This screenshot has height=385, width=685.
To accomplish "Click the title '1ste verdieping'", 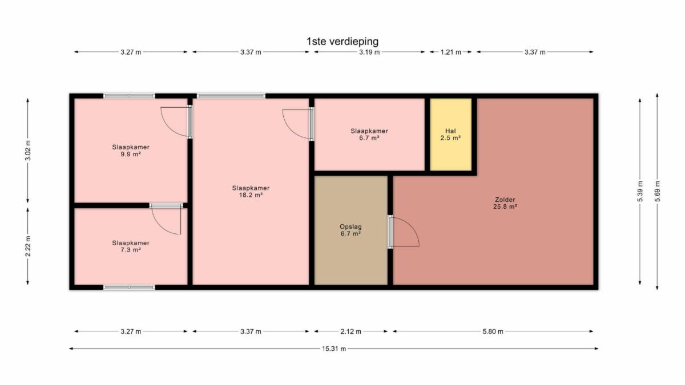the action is [x=342, y=42].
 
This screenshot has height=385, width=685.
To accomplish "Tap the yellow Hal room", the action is [x=450, y=135].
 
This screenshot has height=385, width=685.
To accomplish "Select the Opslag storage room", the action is [x=350, y=230].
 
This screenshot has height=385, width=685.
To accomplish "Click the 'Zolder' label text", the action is [x=505, y=200].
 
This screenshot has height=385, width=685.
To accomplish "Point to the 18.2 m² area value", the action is [x=251, y=195].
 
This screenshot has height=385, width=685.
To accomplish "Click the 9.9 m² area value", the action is [x=131, y=154].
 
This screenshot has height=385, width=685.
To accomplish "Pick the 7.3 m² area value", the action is [x=131, y=250].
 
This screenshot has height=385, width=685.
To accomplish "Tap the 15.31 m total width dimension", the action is [x=333, y=348].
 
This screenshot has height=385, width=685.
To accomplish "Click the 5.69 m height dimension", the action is [x=657, y=191].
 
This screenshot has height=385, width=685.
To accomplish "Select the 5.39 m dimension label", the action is [x=640, y=191].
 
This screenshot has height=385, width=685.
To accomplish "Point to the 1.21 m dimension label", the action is [x=451, y=52].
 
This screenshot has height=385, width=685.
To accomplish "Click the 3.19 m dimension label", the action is [x=369, y=52].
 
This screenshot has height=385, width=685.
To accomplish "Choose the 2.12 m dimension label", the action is [x=350, y=331].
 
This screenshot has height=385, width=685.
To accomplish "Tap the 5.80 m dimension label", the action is [x=493, y=331].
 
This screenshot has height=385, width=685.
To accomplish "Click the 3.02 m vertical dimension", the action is [x=28, y=151].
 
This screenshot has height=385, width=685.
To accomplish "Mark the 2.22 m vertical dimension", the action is [x=28, y=246].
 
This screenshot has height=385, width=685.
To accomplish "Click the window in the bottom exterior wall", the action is [x=129, y=287].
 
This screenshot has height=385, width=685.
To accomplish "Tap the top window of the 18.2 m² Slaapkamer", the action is [x=231, y=96].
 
